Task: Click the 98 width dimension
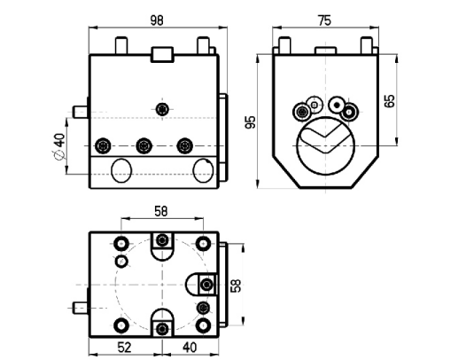click(157, 20)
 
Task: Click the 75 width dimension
click(324, 20)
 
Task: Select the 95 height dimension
click(251, 122)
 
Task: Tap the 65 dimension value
click(390, 101)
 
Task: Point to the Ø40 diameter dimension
click(59, 145)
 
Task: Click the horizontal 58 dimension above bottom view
click(161, 211)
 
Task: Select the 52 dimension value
click(124, 348)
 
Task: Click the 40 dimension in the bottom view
click(190, 348)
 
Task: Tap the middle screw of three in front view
click(144, 145)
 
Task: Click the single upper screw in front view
click(162, 109)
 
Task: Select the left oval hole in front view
click(121, 170)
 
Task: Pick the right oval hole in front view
click(203, 170)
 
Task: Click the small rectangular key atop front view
click(162, 55)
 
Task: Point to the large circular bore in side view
click(325, 145)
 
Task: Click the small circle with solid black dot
click(337, 106)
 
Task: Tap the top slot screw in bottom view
click(162, 240)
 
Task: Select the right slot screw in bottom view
click(206, 285)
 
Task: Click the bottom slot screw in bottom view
click(162, 329)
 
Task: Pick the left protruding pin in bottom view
click(81, 308)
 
